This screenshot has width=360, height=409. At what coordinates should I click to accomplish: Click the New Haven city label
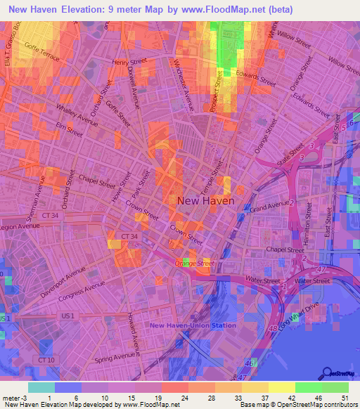[x=205, y=201]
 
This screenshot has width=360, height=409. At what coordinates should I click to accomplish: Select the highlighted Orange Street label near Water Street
[x=193, y=263]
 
